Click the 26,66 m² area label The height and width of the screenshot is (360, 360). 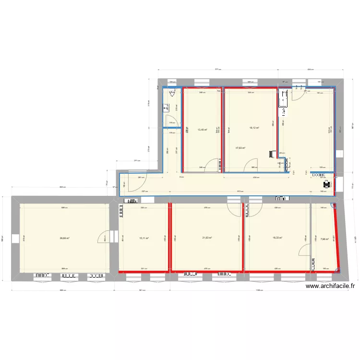tap(64, 238)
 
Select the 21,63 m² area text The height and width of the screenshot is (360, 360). tap(207, 238)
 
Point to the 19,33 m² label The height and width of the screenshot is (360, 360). tap(277, 238)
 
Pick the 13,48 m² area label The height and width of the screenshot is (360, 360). tap(202, 130)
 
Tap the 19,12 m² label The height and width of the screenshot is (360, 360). tap(254, 128)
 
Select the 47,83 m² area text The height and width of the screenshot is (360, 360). tap(240, 148)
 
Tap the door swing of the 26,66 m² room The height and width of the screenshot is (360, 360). tap(103, 237)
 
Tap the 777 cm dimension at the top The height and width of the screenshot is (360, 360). tap(217, 70)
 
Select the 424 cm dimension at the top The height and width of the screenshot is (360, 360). tap(310, 70)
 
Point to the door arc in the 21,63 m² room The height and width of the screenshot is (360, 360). tap(234, 209)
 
